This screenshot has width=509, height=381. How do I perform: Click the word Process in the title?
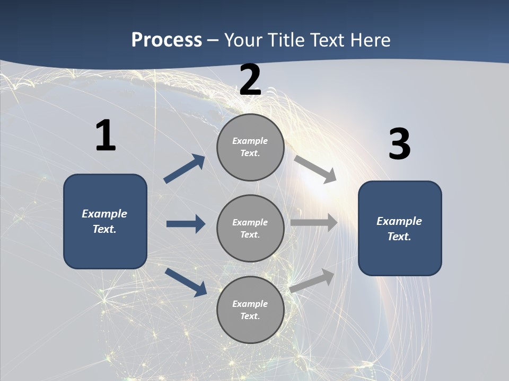(x=166, y=40)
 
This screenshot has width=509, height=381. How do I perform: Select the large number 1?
(x=106, y=136)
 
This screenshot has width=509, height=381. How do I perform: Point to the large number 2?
(x=250, y=80)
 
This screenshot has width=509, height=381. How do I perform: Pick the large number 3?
(x=399, y=144)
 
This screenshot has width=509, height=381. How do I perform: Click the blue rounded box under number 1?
(x=105, y=221)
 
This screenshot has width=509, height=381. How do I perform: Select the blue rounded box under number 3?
(x=400, y=229)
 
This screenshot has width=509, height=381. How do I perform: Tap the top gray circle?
(x=250, y=147)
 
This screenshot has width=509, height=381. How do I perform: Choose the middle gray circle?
(x=250, y=229)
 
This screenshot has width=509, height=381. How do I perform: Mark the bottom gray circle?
(x=250, y=310)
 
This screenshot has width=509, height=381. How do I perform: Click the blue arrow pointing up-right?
(x=185, y=169)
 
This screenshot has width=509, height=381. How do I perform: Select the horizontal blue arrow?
(x=186, y=224)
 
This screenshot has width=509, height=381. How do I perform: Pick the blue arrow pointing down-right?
(x=186, y=282)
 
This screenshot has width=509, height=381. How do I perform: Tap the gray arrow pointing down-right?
(x=315, y=169)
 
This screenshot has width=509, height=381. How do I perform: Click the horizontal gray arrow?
(x=314, y=223)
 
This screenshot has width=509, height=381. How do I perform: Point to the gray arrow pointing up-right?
(x=312, y=280)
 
